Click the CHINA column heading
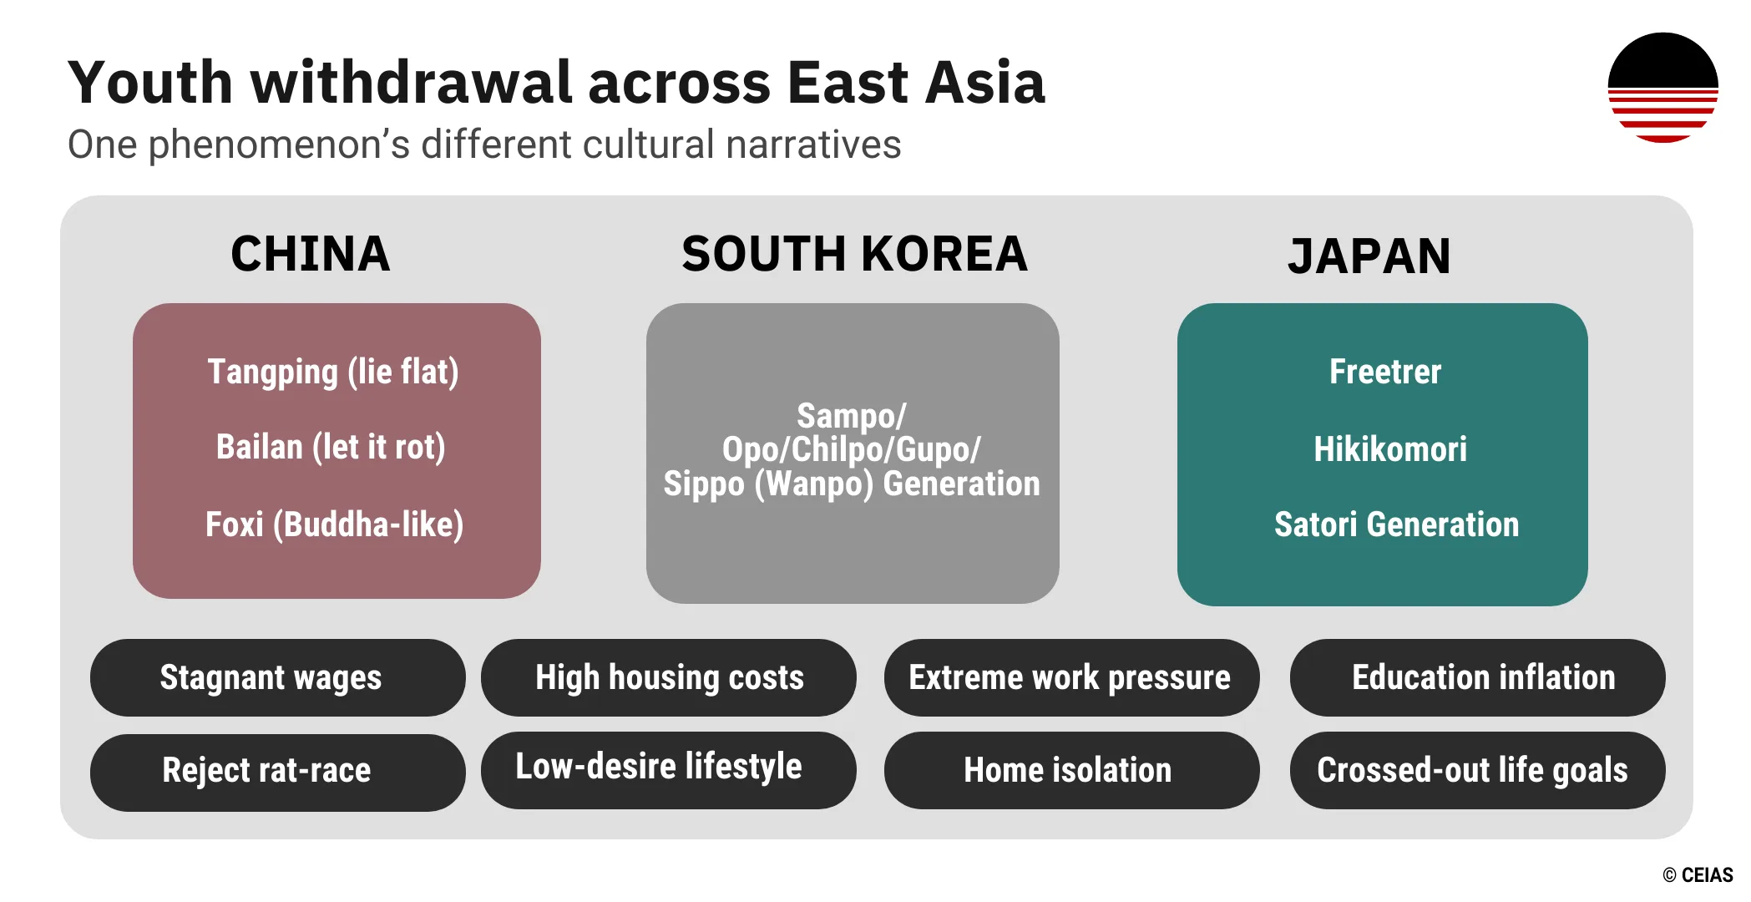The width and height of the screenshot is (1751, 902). [x=311, y=254]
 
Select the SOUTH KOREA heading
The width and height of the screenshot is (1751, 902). [x=854, y=254]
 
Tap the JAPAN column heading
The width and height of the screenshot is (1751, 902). [x=1369, y=256]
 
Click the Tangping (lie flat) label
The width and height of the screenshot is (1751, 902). [x=333, y=372]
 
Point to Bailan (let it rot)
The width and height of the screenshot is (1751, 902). [x=331, y=447]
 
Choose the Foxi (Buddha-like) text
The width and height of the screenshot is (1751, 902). [x=334, y=524]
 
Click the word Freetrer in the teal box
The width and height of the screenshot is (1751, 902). [x=1385, y=372]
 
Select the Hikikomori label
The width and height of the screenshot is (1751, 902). [x=1390, y=449]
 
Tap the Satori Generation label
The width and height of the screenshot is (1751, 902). [x=1396, y=524]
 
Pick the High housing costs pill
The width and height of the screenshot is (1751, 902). [x=668, y=677]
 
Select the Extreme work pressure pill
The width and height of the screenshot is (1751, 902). [x=1070, y=677]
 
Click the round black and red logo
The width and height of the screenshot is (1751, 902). [x=1662, y=88]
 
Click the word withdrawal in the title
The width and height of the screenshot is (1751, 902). [x=411, y=83]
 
